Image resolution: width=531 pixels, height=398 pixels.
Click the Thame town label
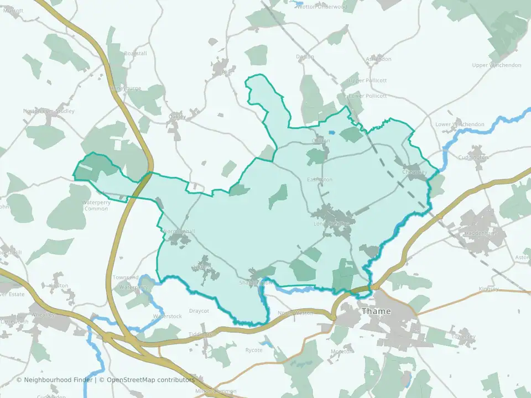(376, 311)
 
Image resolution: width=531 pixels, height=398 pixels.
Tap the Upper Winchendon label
(497, 65)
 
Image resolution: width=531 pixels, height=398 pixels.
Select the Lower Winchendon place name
(460, 124)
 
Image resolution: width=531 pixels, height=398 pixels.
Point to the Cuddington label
(473, 158)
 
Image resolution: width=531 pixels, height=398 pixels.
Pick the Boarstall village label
(136, 53)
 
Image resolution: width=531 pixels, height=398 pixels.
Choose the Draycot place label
(199, 311)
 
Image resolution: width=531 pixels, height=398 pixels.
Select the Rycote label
(255, 350)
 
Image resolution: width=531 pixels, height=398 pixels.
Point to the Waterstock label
(167, 316)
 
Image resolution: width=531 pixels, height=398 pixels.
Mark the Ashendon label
(379, 59)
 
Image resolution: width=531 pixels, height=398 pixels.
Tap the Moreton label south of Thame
(341, 352)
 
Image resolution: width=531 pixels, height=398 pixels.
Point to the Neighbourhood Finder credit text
(60, 380)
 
